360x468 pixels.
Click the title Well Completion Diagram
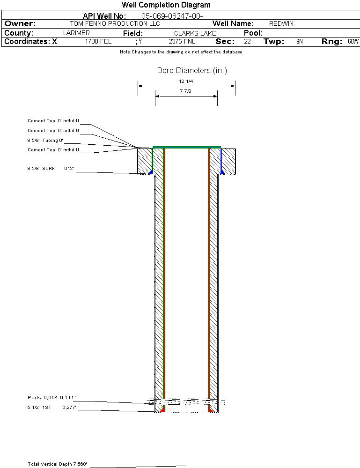[166, 5]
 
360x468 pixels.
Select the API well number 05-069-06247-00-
[172, 16]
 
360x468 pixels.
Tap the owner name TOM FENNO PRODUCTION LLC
[115, 23]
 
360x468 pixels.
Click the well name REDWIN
[281, 23]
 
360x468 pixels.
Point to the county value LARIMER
[76, 33]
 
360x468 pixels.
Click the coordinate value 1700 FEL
[98, 41]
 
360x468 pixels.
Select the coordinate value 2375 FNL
[182, 41]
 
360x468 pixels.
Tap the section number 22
[247, 41]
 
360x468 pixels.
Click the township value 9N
[300, 41]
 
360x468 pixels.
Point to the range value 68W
[353, 41]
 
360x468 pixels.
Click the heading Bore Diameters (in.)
[192, 71]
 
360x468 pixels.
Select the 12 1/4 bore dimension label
[186, 82]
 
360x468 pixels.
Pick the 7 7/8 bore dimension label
[185, 91]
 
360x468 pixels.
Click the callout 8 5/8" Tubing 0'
[45, 141]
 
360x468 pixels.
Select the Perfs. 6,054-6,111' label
[51, 398]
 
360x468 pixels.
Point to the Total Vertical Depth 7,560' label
[58, 464]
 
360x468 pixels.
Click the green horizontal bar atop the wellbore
[187, 147]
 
